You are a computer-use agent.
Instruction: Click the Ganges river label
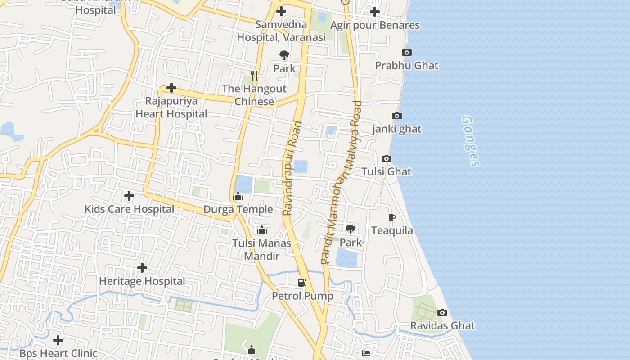point(471,141)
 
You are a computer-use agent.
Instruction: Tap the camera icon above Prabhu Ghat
point(407,53)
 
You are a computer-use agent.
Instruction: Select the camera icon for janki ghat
point(397,116)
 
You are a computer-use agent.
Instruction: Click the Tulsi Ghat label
point(386,171)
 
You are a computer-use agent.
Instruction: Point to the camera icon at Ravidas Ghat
point(442,312)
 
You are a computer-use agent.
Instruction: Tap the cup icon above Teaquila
point(392,218)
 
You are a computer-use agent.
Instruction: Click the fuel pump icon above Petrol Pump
point(302,283)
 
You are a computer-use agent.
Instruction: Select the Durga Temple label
point(238,209)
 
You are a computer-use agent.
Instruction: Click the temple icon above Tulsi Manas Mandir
point(261,230)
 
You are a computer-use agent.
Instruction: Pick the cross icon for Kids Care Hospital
point(129,196)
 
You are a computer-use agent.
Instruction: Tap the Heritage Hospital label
point(142,281)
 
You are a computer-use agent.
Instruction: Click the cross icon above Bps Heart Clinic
point(58,340)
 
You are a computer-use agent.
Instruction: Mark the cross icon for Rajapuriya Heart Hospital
point(171,87)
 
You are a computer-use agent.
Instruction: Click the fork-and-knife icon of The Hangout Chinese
point(254,76)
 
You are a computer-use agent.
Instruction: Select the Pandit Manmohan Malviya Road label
point(342,182)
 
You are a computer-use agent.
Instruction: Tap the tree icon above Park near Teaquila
point(351,229)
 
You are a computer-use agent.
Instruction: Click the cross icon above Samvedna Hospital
point(281,11)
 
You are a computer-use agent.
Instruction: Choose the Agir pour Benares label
point(375,25)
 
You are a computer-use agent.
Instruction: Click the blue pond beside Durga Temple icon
point(243,184)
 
